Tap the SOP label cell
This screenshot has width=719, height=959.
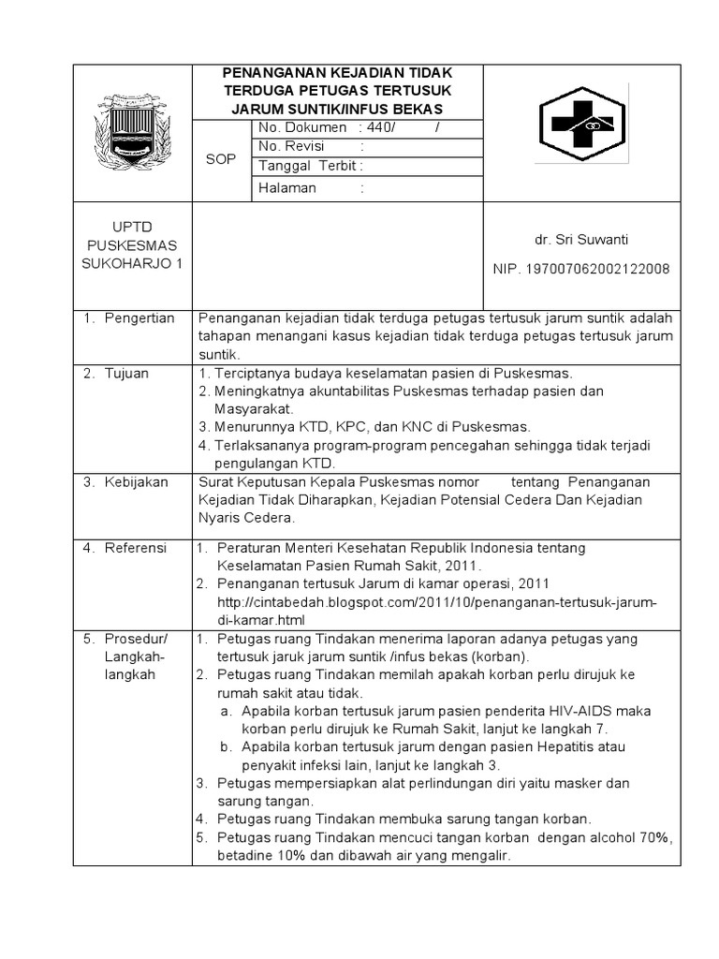click(x=220, y=159)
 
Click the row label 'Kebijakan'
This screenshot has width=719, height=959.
click(x=136, y=481)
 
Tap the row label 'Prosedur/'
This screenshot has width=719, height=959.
click(x=135, y=639)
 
